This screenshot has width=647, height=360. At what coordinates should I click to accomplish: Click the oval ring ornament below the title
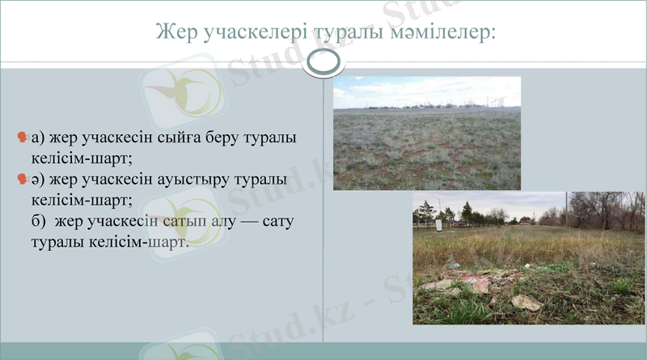(x=323, y=63)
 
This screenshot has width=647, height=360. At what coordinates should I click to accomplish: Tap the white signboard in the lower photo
(x=438, y=225)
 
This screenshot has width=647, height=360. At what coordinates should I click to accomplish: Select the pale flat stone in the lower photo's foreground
(x=526, y=302)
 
